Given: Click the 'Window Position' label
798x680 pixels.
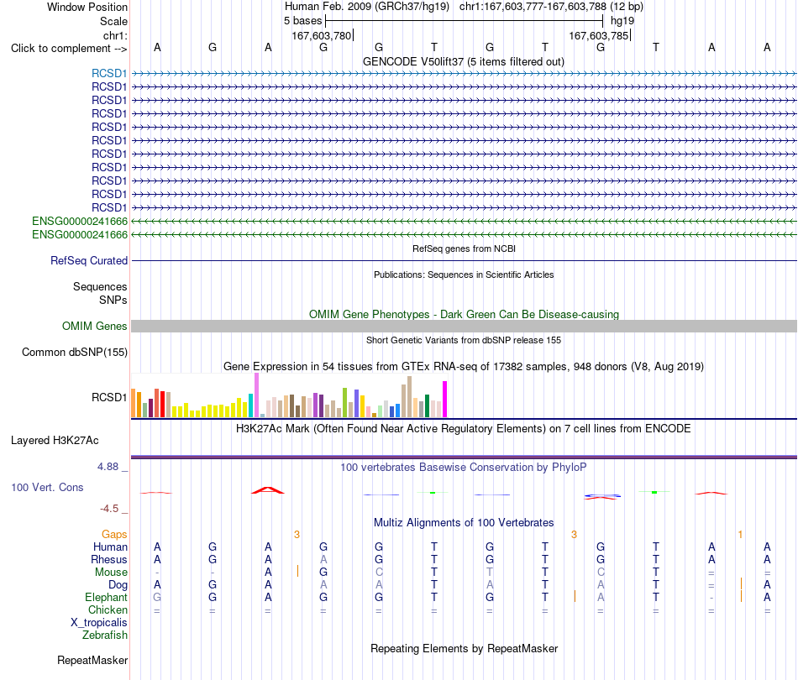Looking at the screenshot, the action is [x=87, y=7].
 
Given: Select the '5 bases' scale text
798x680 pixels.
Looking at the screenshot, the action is [x=302, y=21].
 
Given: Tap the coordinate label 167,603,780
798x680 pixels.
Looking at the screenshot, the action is [x=322, y=35].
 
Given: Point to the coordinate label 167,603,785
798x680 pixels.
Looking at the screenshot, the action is [x=598, y=35].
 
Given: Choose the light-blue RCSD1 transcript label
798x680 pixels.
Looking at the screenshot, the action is [x=109, y=73].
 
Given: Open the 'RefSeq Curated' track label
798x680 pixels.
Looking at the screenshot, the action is [x=89, y=260].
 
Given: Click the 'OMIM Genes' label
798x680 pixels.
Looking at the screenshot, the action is [x=95, y=326].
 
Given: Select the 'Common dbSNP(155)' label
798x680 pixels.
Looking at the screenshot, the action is [x=75, y=352].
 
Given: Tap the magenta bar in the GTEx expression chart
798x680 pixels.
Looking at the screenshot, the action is [x=445, y=400].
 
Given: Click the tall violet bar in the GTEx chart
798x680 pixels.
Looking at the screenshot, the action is [x=256, y=395].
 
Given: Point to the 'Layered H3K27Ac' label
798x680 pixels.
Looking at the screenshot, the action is [x=55, y=441].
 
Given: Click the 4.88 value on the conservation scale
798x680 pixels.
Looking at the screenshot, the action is [x=108, y=467].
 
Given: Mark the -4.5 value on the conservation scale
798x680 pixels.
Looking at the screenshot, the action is [x=109, y=509].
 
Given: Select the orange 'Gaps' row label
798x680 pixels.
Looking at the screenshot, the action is [x=114, y=534].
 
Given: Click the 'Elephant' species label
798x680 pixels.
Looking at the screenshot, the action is [x=106, y=597].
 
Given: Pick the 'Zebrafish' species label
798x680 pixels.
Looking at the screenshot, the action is [x=105, y=635].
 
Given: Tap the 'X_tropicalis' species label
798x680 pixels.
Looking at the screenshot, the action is [x=99, y=623].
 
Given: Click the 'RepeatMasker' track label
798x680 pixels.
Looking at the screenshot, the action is [x=92, y=660].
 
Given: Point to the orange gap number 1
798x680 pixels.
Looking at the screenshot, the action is [x=740, y=534].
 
